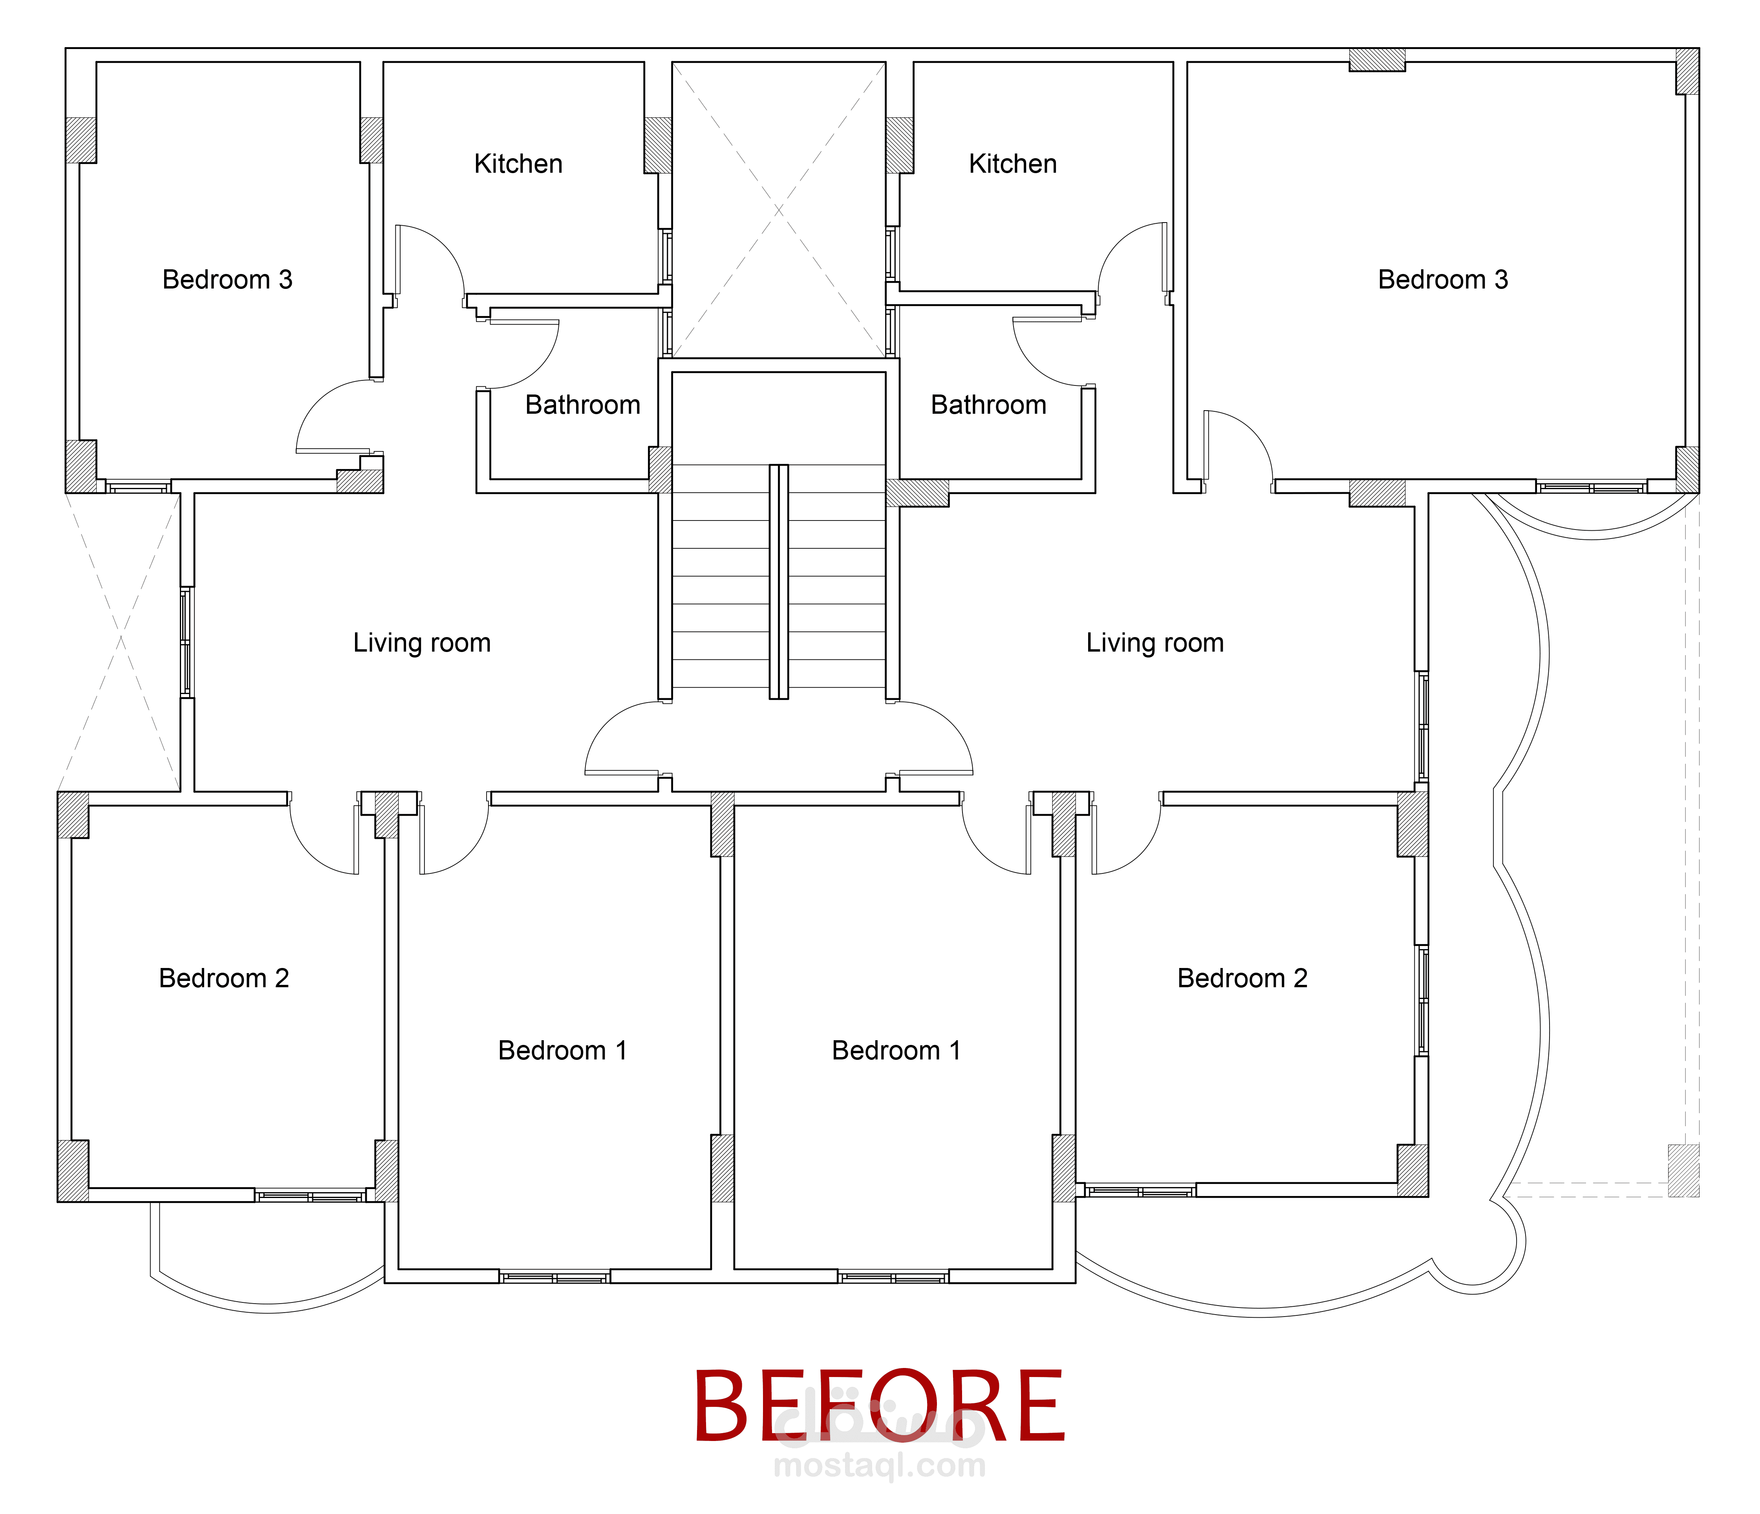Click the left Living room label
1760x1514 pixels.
click(422, 643)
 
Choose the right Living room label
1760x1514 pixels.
click(1155, 643)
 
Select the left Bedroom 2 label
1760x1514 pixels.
click(224, 978)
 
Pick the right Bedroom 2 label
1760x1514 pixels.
click(1243, 978)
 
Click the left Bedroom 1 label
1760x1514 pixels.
click(562, 1050)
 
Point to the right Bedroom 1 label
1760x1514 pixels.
click(896, 1050)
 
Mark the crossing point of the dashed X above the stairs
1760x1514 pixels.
click(779, 210)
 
